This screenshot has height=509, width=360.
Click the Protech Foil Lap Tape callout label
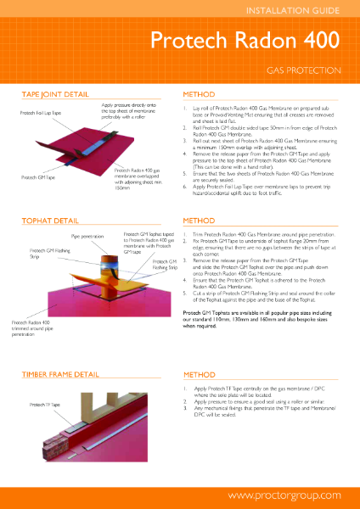pyautogui.click(x=38, y=113)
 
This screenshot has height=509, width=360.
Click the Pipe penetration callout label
pyautogui.click(x=87, y=238)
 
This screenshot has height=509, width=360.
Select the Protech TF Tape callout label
pyautogui.click(x=44, y=406)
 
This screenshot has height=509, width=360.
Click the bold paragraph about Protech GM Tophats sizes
pyautogui.click(x=262, y=319)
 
